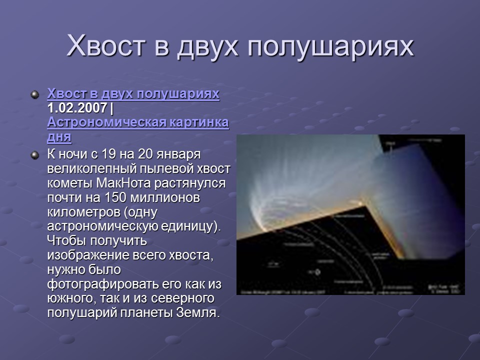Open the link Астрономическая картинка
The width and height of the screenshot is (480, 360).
(138, 122)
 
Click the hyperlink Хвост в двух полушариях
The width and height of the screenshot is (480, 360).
(133, 94)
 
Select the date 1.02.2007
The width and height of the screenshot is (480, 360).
(77, 108)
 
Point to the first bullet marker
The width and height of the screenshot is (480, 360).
(34, 94)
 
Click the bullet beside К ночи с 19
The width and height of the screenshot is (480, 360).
(34, 154)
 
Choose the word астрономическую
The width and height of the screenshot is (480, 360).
(102, 226)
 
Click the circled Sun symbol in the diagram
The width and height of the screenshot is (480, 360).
(317, 272)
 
